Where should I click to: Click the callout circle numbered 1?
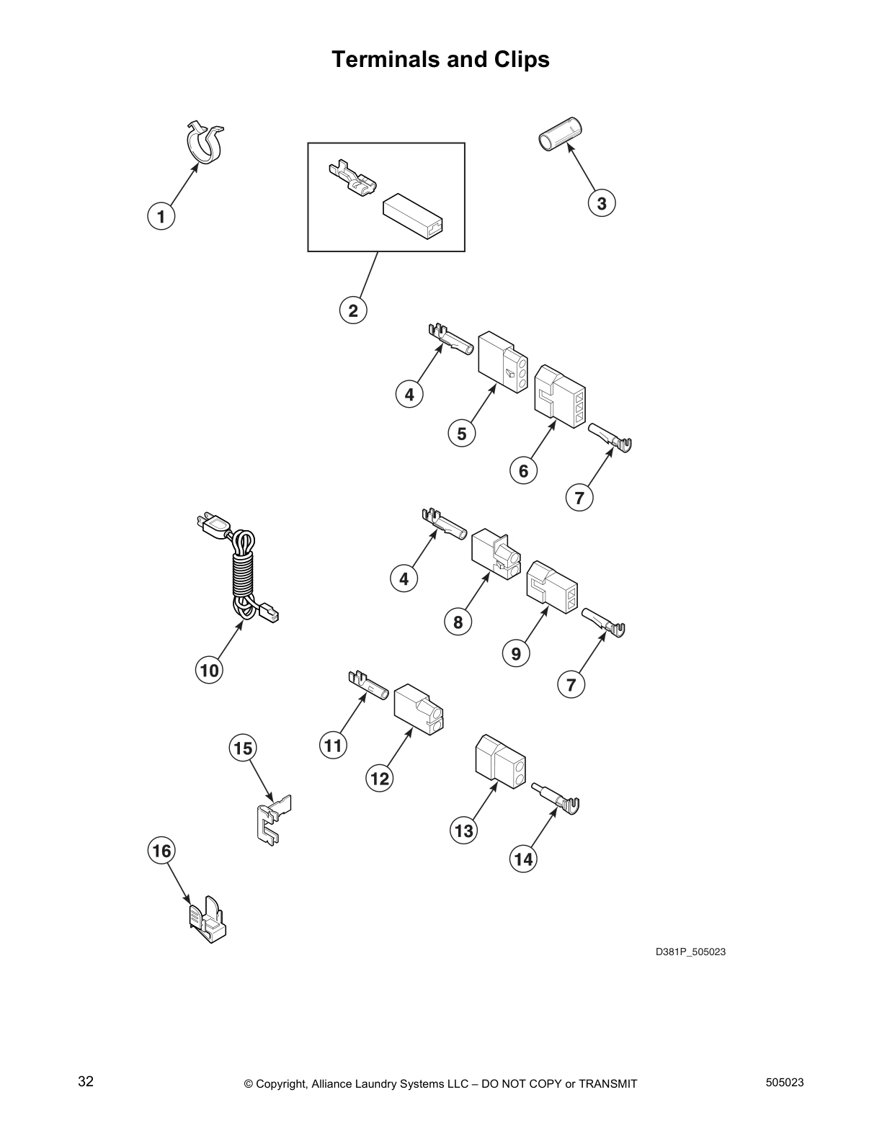161,216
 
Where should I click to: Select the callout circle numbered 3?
602,203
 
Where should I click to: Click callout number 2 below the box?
353,310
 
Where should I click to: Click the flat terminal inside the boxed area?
351,182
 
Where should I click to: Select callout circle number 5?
462,434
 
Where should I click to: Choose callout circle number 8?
458,621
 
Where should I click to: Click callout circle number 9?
516,653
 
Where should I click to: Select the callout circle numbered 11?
333,745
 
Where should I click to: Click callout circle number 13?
464,831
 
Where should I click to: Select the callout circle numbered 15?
244,748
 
